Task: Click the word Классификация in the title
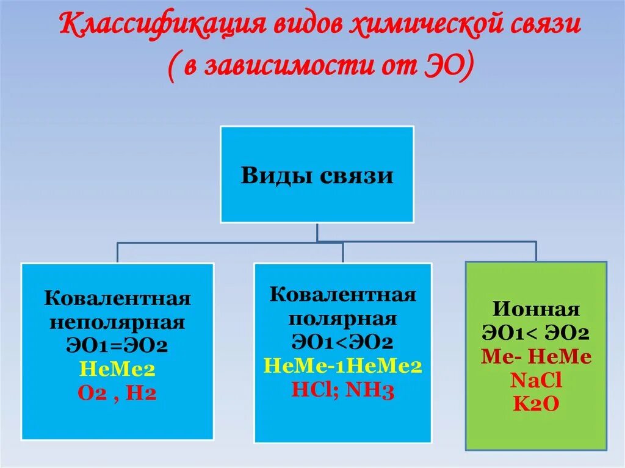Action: pyautogui.click(x=154, y=27)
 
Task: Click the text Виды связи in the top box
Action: pyautogui.click(x=317, y=175)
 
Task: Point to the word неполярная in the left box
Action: pyautogui.click(x=117, y=322)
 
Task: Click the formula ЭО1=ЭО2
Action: pyautogui.click(x=117, y=346)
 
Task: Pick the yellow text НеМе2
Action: pyautogui.click(x=117, y=369)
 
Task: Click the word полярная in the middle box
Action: pyautogui.click(x=343, y=319)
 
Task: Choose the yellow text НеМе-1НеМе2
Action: pyautogui.click(x=343, y=365)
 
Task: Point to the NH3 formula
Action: pyautogui.click(x=370, y=389)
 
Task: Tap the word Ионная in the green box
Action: pyautogui.click(x=536, y=309)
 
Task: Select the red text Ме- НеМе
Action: pyautogui.click(x=536, y=357)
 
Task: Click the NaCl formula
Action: pyautogui.click(x=536, y=380)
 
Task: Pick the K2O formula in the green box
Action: pyautogui.click(x=536, y=403)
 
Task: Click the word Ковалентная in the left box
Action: pyautogui.click(x=117, y=299)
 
